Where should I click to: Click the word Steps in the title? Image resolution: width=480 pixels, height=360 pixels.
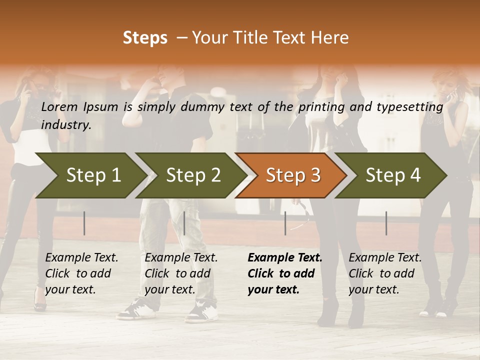[x=145, y=38]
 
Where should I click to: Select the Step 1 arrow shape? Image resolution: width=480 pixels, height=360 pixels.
[x=90, y=175]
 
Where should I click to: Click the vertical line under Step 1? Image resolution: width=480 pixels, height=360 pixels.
[x=84, y=223]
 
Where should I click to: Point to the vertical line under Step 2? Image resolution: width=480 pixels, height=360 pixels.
[x=184, y=223]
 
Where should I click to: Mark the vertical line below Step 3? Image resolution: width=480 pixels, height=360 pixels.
[x=285, y=223]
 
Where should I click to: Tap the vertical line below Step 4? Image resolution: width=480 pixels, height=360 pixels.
[x=386, y=223]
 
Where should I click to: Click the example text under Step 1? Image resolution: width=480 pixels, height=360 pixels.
[x=81, y=273]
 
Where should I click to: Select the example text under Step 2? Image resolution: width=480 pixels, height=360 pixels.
[x=181, y=273]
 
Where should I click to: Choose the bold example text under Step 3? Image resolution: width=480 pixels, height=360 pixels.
[x=284, y=273]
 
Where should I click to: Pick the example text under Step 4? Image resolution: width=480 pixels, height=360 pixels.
[x=385, y=273]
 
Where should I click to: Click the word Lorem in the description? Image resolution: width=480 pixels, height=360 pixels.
[x=59, y=106]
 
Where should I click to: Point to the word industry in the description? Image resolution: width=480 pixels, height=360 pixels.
[x=66, y=125]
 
